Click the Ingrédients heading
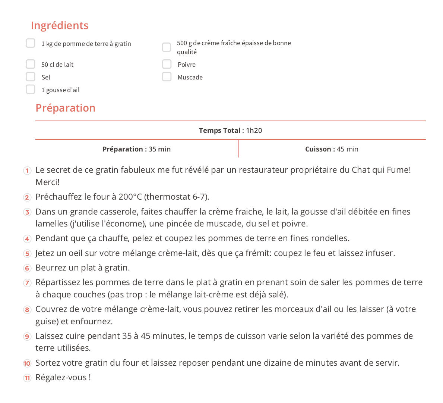[x=60, y=25]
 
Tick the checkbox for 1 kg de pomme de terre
[x=31, y=43]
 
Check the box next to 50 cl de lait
[x=31, y=64]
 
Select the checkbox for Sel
[x=31, y=77]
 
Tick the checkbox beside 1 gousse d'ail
[x=31, y=90]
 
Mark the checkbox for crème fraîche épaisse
[x=167, y=47]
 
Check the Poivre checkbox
[x=167, y=64]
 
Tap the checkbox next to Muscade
[x=167, y=77]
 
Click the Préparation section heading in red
[x=66, y=108]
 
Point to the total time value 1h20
[x=254, y=131]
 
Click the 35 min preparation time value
[x=159, y=149]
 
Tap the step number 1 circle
[x=27, y=171]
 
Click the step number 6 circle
[x=27, y=268]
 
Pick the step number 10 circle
[x=27, y=363]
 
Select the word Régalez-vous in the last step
[x=61, y=378]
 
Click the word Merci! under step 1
[x=47, y=182]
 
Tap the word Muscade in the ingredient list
[x=190, y=77]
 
